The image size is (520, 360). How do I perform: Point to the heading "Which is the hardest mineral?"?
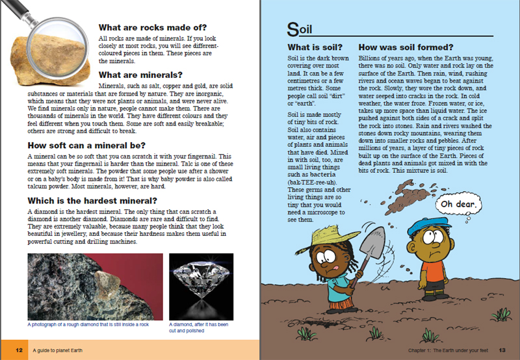pyautogui.click(x=93, y=200)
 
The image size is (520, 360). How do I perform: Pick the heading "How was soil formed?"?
pyautogui.click(x=406, y=48)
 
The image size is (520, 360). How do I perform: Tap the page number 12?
pyautogui.click(x=19, y=350)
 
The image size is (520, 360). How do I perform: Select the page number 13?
pyautogui.click(x=502, y=350)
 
